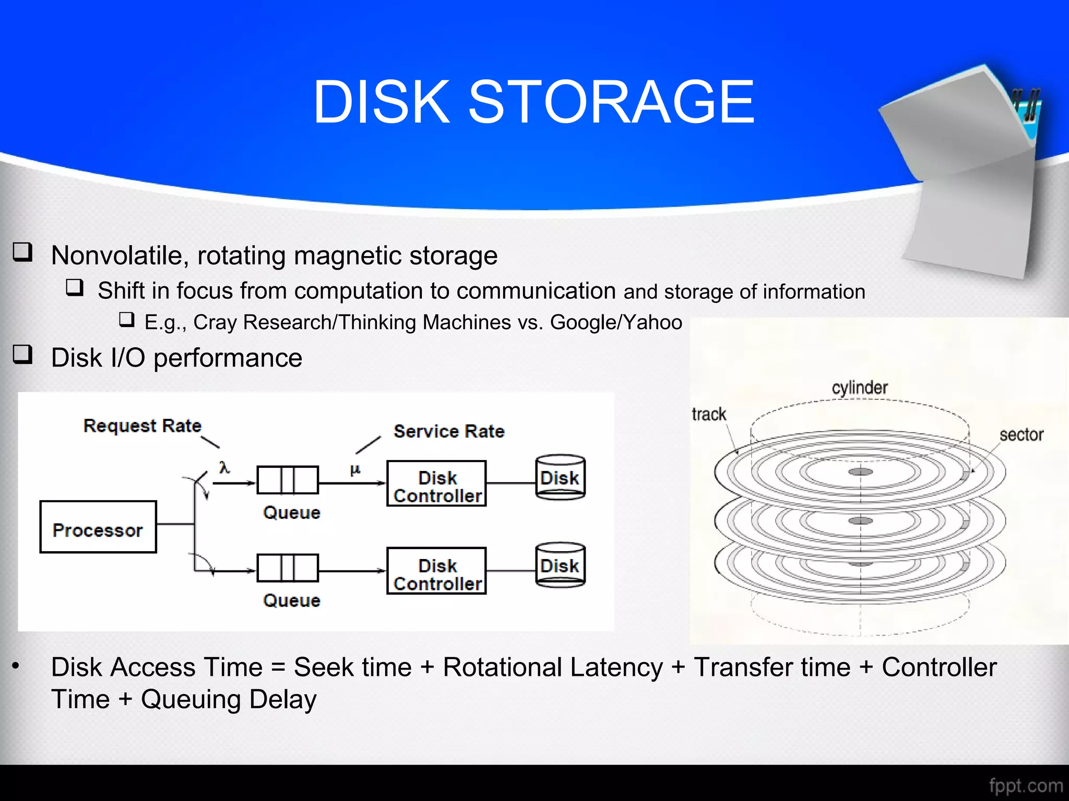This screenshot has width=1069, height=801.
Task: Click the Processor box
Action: [98, 527]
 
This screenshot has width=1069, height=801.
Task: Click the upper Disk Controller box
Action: [436, 483]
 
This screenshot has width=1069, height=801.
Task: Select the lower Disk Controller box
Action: [436, 571]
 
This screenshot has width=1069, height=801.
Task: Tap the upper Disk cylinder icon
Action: [561, 477]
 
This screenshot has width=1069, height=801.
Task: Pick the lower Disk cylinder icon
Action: [561, 565]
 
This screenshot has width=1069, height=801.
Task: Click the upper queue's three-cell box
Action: [288, 480]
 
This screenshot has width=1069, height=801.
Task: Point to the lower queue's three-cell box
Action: [288, 568]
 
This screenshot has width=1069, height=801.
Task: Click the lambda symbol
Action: [224, 467]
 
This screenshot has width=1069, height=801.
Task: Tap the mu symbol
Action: [355, 469]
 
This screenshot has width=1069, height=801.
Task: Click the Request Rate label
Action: [142, 426]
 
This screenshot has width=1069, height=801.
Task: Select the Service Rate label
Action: [449, 431]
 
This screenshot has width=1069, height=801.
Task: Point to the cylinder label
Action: [860, 387]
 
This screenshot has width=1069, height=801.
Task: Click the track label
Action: [709, 414]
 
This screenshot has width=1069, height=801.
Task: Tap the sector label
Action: [1022, 434]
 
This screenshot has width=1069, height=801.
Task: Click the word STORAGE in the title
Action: [611, 102]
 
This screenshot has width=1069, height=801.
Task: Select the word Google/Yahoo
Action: [616, 322]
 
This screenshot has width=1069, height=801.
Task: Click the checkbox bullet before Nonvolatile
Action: [23, 252]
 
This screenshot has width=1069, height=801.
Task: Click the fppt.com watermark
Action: [1026, 785]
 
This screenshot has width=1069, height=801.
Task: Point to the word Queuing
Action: [191, 699]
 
